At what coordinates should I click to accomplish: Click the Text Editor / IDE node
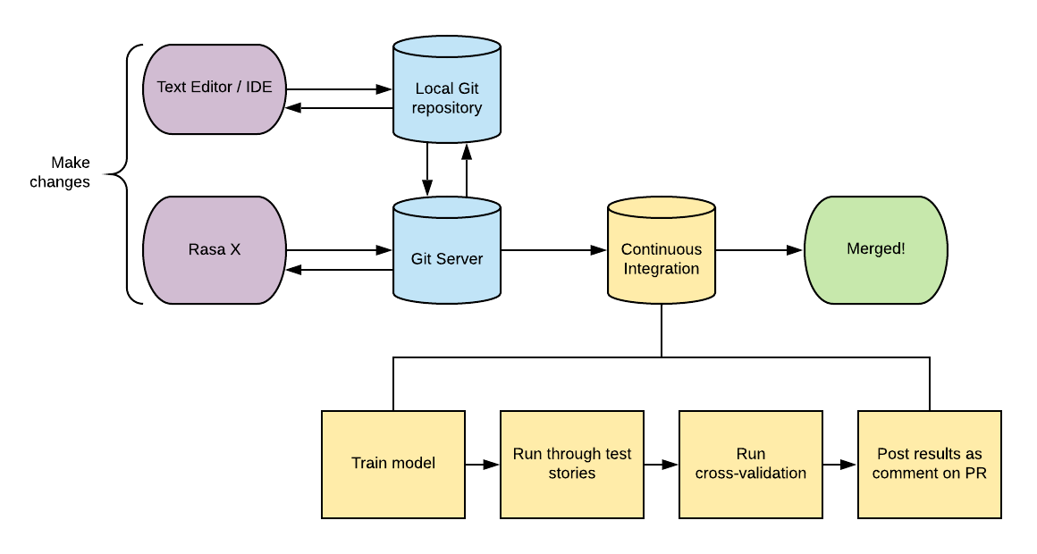(x=215, y=89)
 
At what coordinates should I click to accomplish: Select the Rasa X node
(x=215, y=250)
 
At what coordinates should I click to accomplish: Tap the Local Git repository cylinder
(x=447, y=89)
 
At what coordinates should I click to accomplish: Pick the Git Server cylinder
(x=447, y=250)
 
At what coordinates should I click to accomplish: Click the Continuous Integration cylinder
(x=662, y=250)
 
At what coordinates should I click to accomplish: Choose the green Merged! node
(x=875, y=250)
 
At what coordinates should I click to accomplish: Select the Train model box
(x=393, y=464)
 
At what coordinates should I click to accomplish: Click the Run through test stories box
(x=572, y=464)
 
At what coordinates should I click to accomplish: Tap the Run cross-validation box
(x=751, y=464)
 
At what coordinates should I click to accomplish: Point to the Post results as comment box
(x=929, y=464)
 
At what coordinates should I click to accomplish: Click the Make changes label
(x=60, y=172)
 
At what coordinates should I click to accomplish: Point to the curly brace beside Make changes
(x=126, y=174)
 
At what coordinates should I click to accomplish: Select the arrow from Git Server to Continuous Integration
(x=553, y=250)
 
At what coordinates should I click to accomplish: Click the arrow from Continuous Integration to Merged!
(x=759, y=250)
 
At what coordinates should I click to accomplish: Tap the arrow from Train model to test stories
(x=482, y=465)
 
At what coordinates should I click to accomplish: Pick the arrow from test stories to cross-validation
(x=661, y=465)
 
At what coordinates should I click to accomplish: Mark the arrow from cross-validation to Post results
(x=840, y=465)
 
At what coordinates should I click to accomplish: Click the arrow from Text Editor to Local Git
(x=340, y=88)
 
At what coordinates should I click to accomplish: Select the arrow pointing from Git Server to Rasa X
(x=340, y=270)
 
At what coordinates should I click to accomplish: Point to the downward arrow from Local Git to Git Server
(x=427, y=169)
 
